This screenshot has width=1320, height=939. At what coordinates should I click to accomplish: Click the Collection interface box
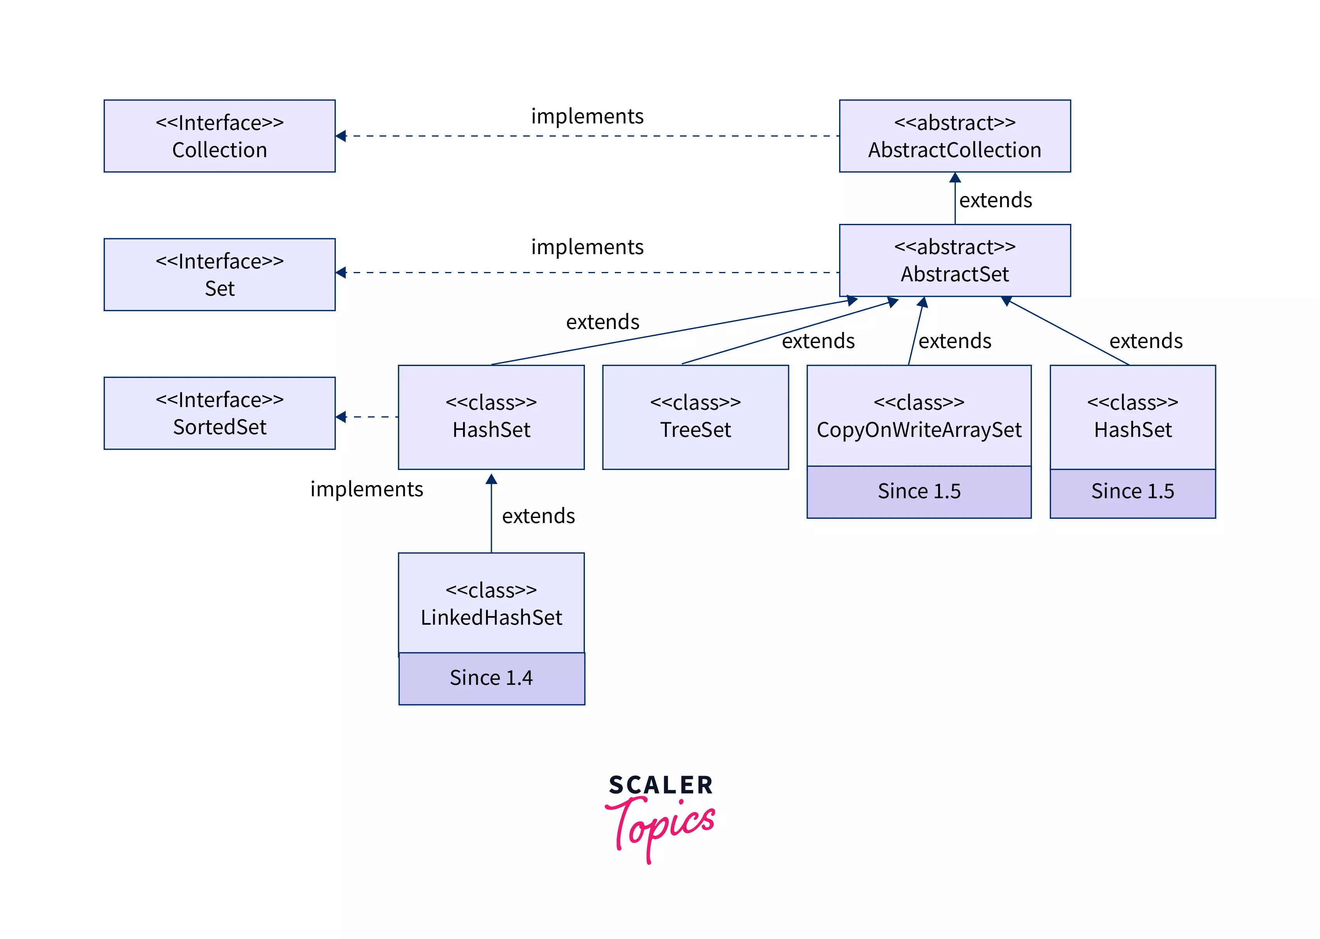(219, 136)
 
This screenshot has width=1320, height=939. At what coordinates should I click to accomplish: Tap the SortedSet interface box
(219, 413)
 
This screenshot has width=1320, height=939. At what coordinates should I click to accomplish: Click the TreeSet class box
(695, 417)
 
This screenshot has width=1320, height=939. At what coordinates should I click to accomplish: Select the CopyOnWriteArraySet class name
(918, 430)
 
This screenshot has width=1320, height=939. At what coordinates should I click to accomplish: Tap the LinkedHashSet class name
(491, 617)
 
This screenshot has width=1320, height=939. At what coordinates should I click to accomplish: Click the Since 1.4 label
(491, 677)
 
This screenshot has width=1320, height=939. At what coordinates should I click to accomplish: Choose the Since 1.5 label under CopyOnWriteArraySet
(918, 491)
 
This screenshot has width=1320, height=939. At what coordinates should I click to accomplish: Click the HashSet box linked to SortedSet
(491, 417)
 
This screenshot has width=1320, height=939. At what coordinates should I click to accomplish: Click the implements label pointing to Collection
(587, 116)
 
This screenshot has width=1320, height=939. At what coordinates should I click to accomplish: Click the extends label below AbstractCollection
(995, 200)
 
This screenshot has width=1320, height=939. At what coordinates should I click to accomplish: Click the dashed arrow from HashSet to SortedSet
(370, 416)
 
